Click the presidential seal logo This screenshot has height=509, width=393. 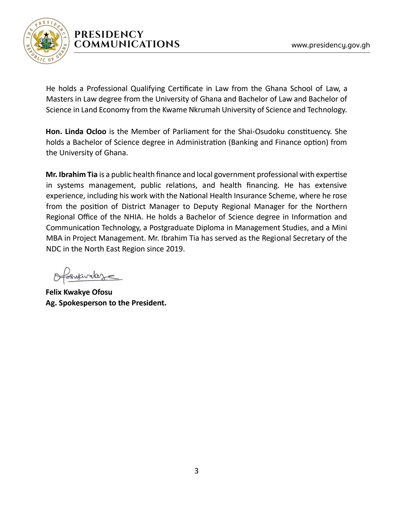point(46,41)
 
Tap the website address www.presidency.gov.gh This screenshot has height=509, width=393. point(331,45)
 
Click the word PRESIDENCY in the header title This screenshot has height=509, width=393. point(109,34)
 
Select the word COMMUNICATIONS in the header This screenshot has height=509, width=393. point(127,44)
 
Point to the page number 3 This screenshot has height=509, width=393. point(196,471)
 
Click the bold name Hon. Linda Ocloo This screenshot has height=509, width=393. point(76,131)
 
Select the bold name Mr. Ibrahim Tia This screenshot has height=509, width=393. point(71,174)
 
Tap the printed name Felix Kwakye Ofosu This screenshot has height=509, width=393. point(79,292)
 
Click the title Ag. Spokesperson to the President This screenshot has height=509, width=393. point(106,303)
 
